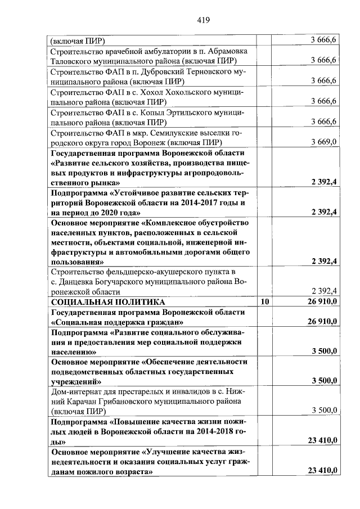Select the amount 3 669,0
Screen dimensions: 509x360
[323, 142]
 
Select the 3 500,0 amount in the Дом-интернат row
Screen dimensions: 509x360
[324, 411]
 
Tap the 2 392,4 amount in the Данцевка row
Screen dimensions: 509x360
[323, 291]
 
